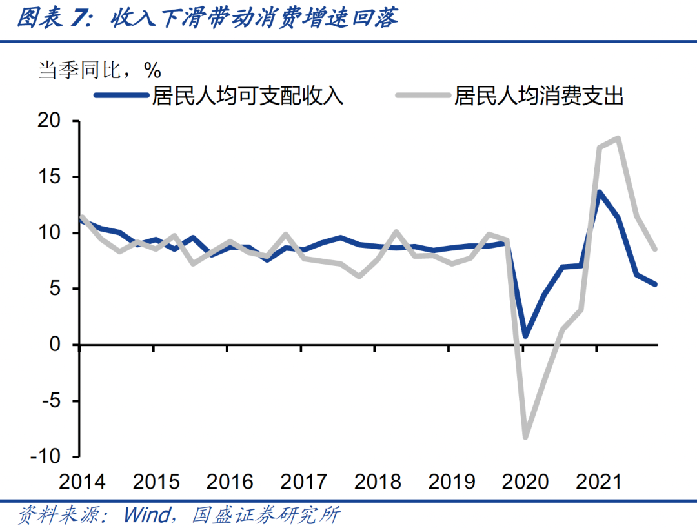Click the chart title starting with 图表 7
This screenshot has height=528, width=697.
[x=207, y=19]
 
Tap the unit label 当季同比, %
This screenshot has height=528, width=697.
[x=100, y=69]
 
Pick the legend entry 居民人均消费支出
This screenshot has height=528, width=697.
[x=539, y=97]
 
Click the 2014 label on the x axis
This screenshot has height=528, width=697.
[x=82, y=482]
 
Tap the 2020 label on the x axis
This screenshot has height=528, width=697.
[x=525, y=482]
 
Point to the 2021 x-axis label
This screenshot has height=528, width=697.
[x=599, y=482]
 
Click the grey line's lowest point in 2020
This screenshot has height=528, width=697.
[x=525, y=437]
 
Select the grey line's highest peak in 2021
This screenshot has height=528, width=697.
[x=618, y=138]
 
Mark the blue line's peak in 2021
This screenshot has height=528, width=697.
[x=600, y=192]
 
